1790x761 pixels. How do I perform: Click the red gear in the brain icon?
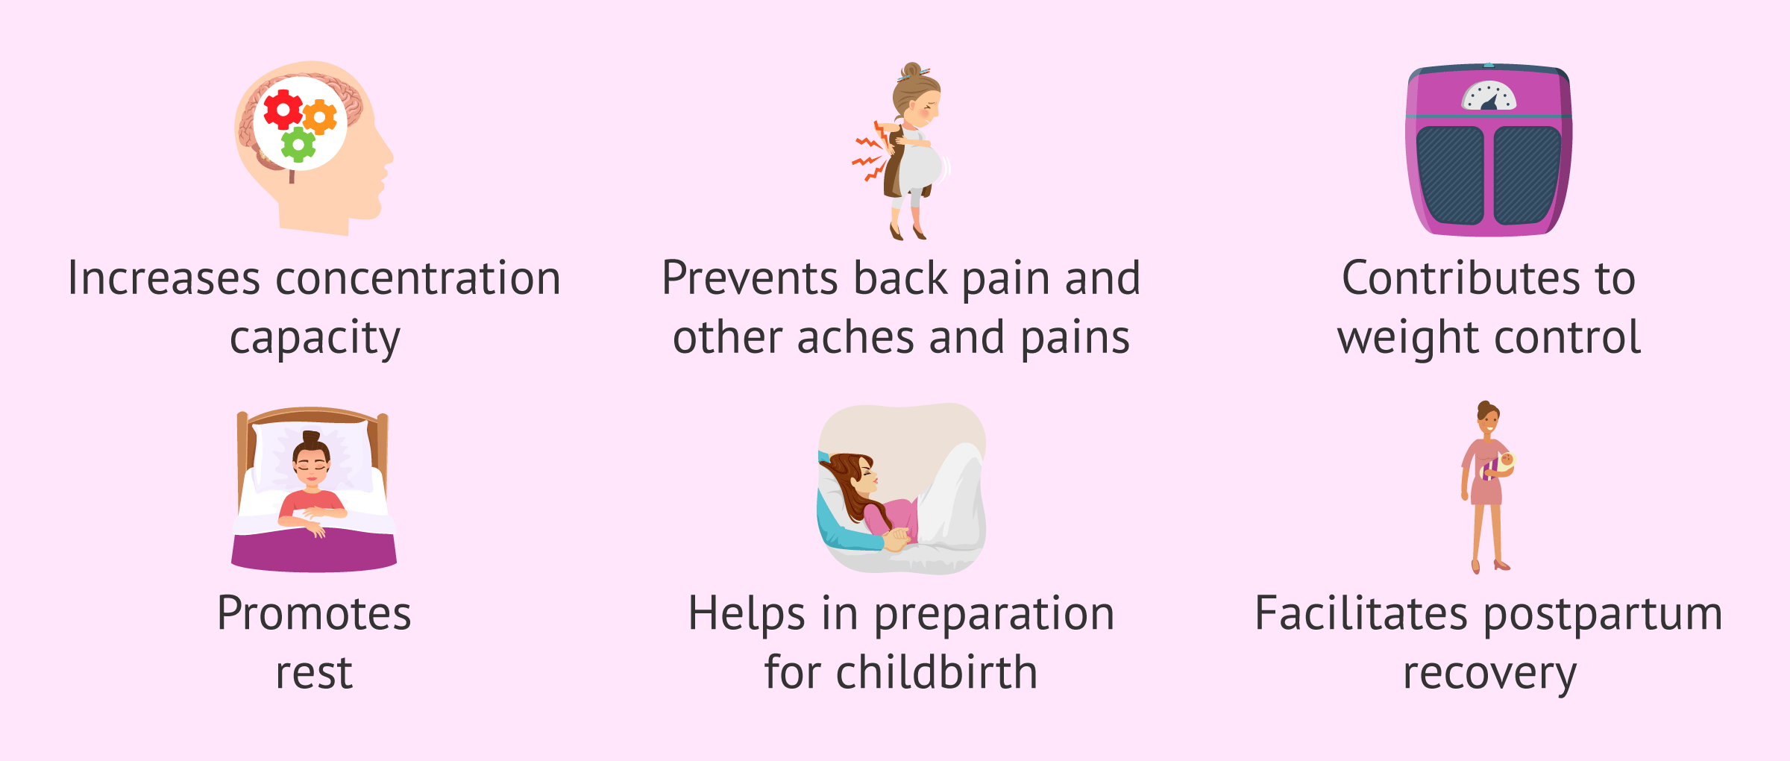283,110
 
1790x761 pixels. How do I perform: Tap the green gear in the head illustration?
298,145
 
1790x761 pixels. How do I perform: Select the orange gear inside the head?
320,118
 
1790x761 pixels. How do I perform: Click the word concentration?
418,279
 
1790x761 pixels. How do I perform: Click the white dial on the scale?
1489,97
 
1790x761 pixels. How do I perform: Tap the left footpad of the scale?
1450,175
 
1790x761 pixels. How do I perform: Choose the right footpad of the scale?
1527,175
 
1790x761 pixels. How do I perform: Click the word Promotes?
314,614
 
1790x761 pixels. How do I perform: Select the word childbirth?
936,673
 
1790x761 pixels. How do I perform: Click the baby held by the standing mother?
1506,462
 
